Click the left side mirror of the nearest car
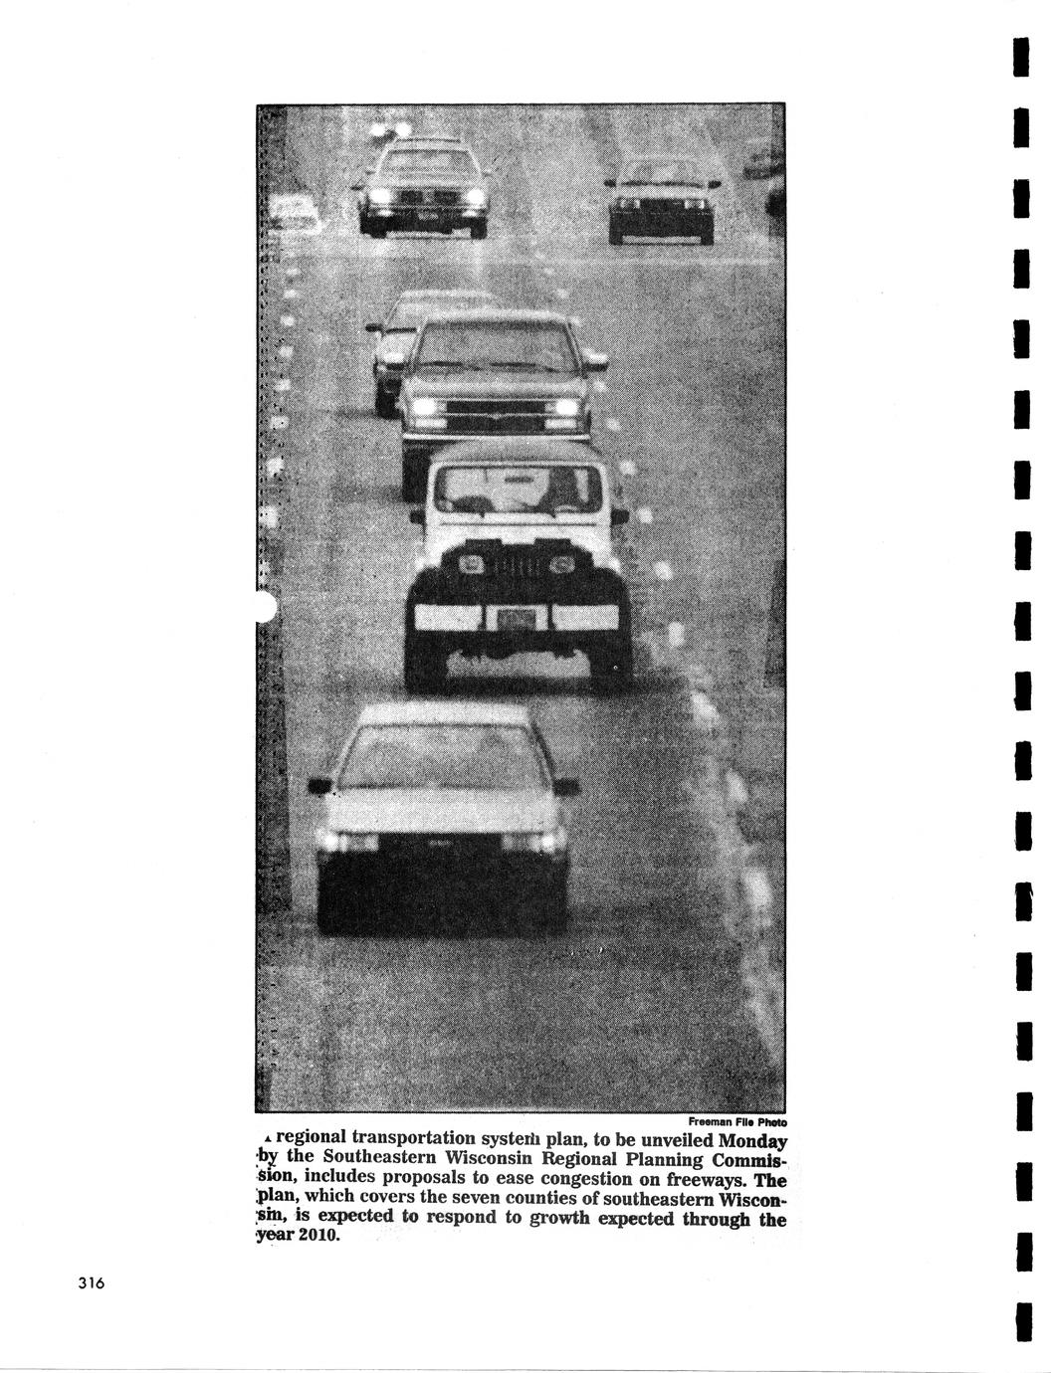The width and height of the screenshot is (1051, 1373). [319, 786]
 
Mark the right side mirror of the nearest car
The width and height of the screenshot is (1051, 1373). [565, 787]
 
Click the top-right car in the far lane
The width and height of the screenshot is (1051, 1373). [662, 199]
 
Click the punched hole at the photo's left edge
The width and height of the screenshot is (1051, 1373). [264, 605]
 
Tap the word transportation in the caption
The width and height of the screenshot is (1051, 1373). [403, 1139]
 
